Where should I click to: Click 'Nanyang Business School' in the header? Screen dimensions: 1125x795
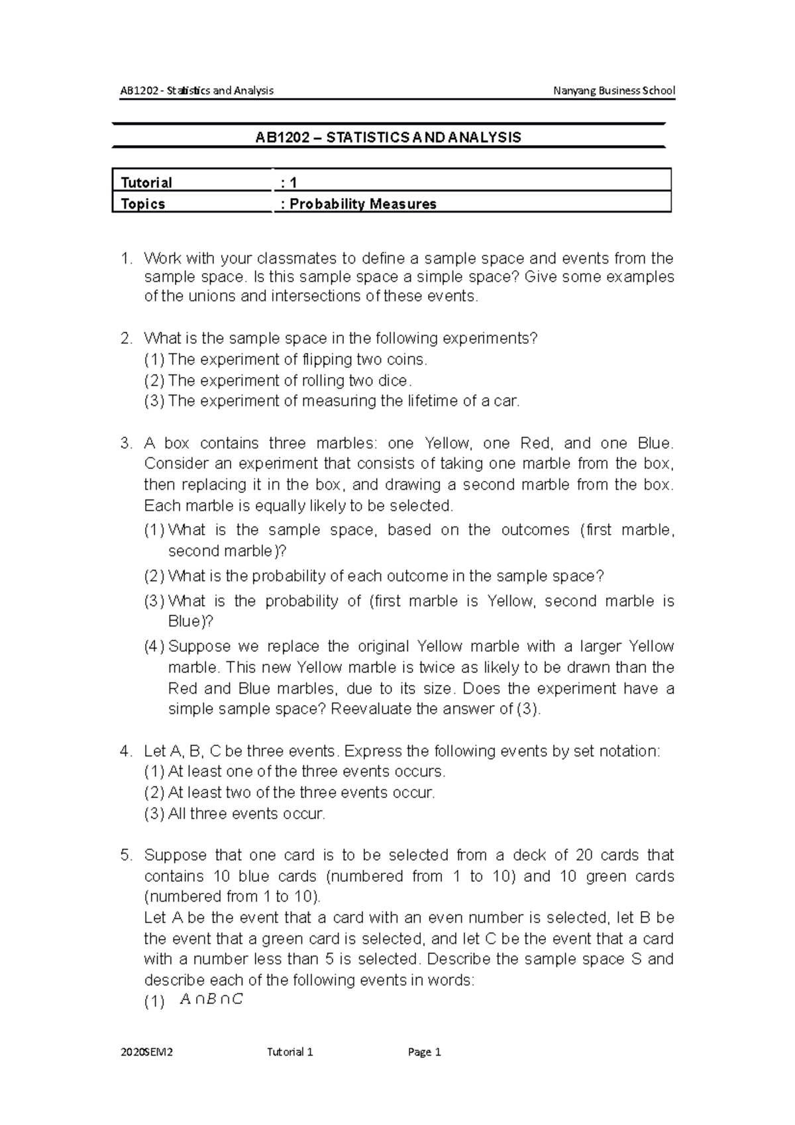pyautogui.click(x=613, y=91)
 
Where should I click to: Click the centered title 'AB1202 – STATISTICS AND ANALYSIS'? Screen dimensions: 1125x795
pyautogui.click(x=388, y=138)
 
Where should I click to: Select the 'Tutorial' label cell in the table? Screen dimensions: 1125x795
pyautogui.click(x=146, y=182)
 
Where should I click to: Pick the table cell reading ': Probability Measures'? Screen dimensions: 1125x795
pyautogui.click(x=358, y=204)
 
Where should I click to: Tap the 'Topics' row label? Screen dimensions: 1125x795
pyautogui.click(x=143, y=204)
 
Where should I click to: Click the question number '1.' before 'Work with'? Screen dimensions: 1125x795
pyautogui.click(x=127, y=258)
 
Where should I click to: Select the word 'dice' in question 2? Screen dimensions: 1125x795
pyautogui.click(x=396, y=381)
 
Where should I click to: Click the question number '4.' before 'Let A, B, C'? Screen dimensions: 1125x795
pyautogui.click(x=126, y=751)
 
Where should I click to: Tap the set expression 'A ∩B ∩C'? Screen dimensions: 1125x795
pyautogui.click(x=211, y=1000)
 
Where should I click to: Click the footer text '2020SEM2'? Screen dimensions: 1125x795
pyautogui.click(x=146, y=1052)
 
